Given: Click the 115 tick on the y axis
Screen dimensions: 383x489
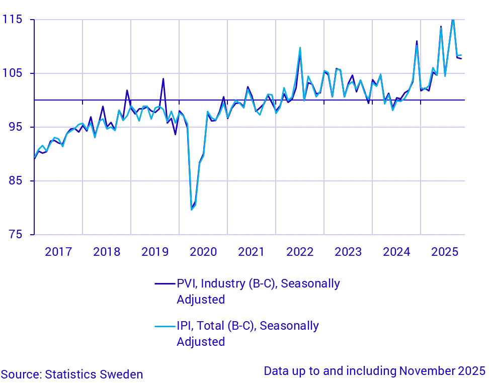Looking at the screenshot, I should click(12, 20).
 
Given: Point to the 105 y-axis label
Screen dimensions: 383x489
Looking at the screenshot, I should click(12, 73).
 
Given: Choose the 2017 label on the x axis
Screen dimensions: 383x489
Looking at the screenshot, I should click(58, 251).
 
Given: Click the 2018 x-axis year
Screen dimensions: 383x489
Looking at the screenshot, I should click(107, 251).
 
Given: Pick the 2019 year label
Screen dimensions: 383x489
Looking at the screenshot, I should click(155, 251).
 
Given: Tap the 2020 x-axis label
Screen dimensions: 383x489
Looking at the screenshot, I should click(203, 251).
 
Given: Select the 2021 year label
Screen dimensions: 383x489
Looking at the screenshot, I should click(252, 251).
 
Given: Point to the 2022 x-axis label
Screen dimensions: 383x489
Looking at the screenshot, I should click(300, 251).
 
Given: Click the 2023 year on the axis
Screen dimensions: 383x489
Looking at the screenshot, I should click(348, 251).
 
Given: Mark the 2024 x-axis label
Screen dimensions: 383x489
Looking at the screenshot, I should click(396, 251).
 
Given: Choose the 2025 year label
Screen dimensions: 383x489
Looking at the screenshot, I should click(445, 251).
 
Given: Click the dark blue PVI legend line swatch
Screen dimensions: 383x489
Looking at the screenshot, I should click(165, 284).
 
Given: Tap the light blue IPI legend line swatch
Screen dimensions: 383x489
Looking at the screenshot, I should click(165, 326).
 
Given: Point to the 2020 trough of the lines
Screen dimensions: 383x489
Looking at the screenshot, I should click(192, 209).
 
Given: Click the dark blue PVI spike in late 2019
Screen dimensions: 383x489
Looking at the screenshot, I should click(163, 79).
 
